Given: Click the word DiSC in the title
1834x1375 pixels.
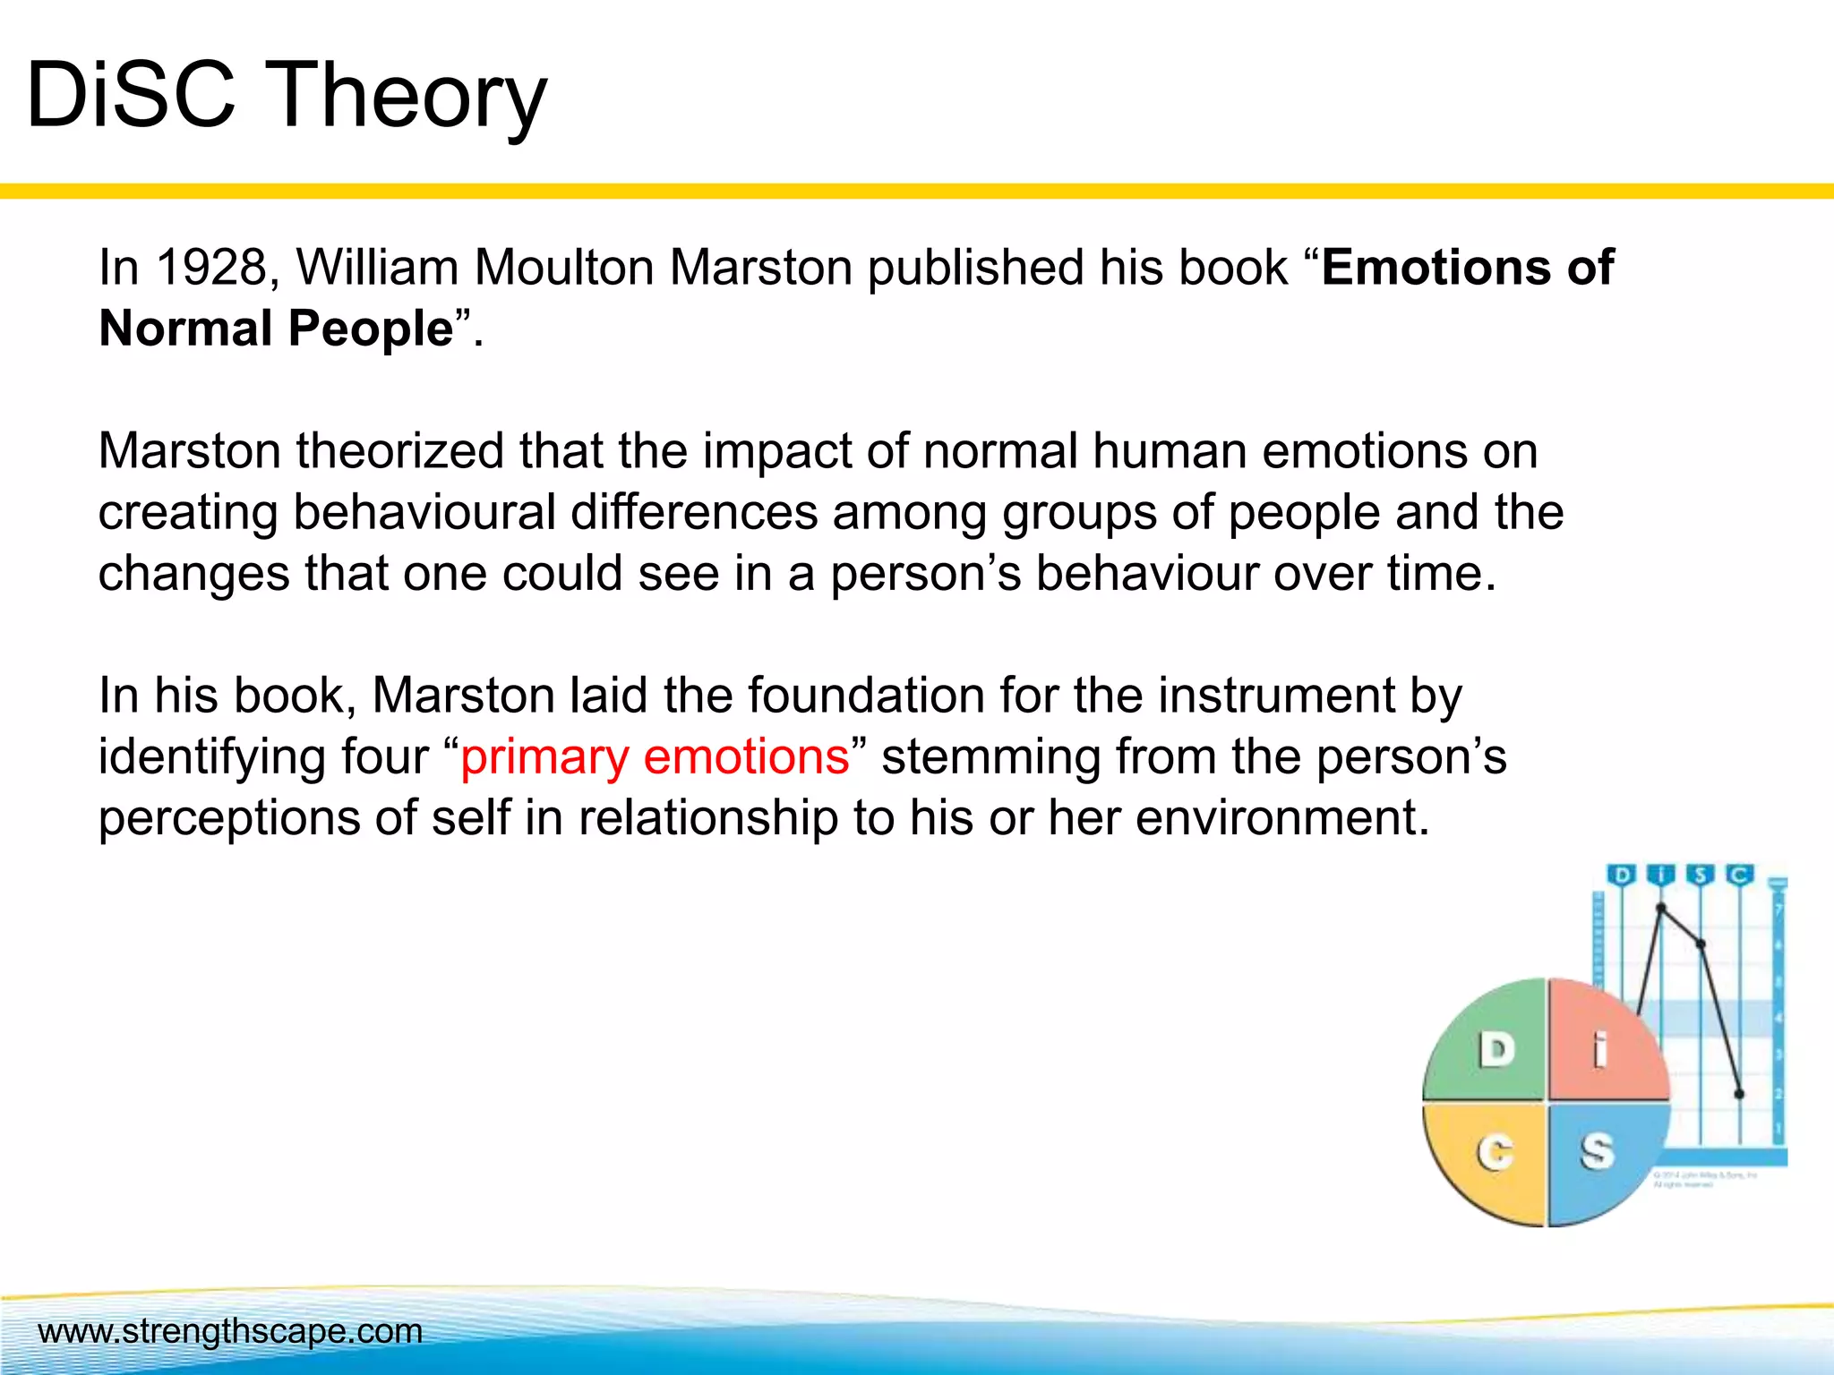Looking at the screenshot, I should click(131, 95).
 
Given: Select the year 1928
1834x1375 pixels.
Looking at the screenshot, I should click(211, 268).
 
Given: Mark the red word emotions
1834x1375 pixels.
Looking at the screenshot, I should click(746, 756).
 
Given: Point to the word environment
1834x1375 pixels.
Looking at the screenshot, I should click(1281, 818).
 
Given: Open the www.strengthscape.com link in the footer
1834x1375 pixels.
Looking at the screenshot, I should click(230, 1331).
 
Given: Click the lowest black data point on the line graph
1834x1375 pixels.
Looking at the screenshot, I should click(1740, 1094).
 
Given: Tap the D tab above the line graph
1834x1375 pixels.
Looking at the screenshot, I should click(1622, 875).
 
